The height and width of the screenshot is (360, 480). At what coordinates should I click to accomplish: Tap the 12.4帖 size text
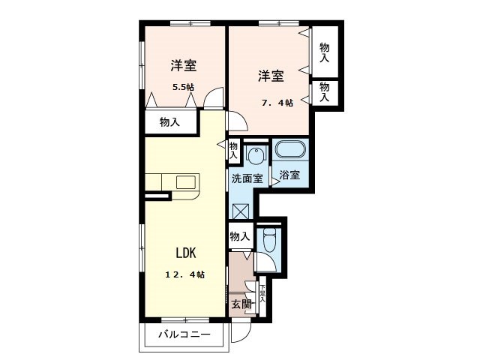(x=184, y=275)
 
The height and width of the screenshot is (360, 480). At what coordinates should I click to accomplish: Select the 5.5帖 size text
(x=183, y=87)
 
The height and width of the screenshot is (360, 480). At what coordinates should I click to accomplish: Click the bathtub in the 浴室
(x=289, y=150)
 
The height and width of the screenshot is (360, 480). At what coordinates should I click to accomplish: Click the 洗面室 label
(x=246, y=178)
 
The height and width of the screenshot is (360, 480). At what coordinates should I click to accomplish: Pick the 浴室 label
(x=289, y=175)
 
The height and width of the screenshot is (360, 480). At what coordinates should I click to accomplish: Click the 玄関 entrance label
(x=241, y=304)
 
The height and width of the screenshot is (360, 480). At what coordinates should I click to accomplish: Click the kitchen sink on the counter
(x=184, y=182)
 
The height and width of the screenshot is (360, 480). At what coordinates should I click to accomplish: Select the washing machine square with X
(x=241, y=208)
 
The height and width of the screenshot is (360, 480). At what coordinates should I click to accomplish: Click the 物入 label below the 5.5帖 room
(x=169, y=121)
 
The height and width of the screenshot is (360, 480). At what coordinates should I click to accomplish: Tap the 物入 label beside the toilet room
(x=239, y=236)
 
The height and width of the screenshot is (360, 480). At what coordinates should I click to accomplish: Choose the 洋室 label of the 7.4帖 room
(x=271, y=76)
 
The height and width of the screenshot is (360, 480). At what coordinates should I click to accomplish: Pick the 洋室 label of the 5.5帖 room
(x=183, y=64)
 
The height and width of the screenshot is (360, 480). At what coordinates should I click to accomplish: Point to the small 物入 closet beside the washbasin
(x=234, y=148)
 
